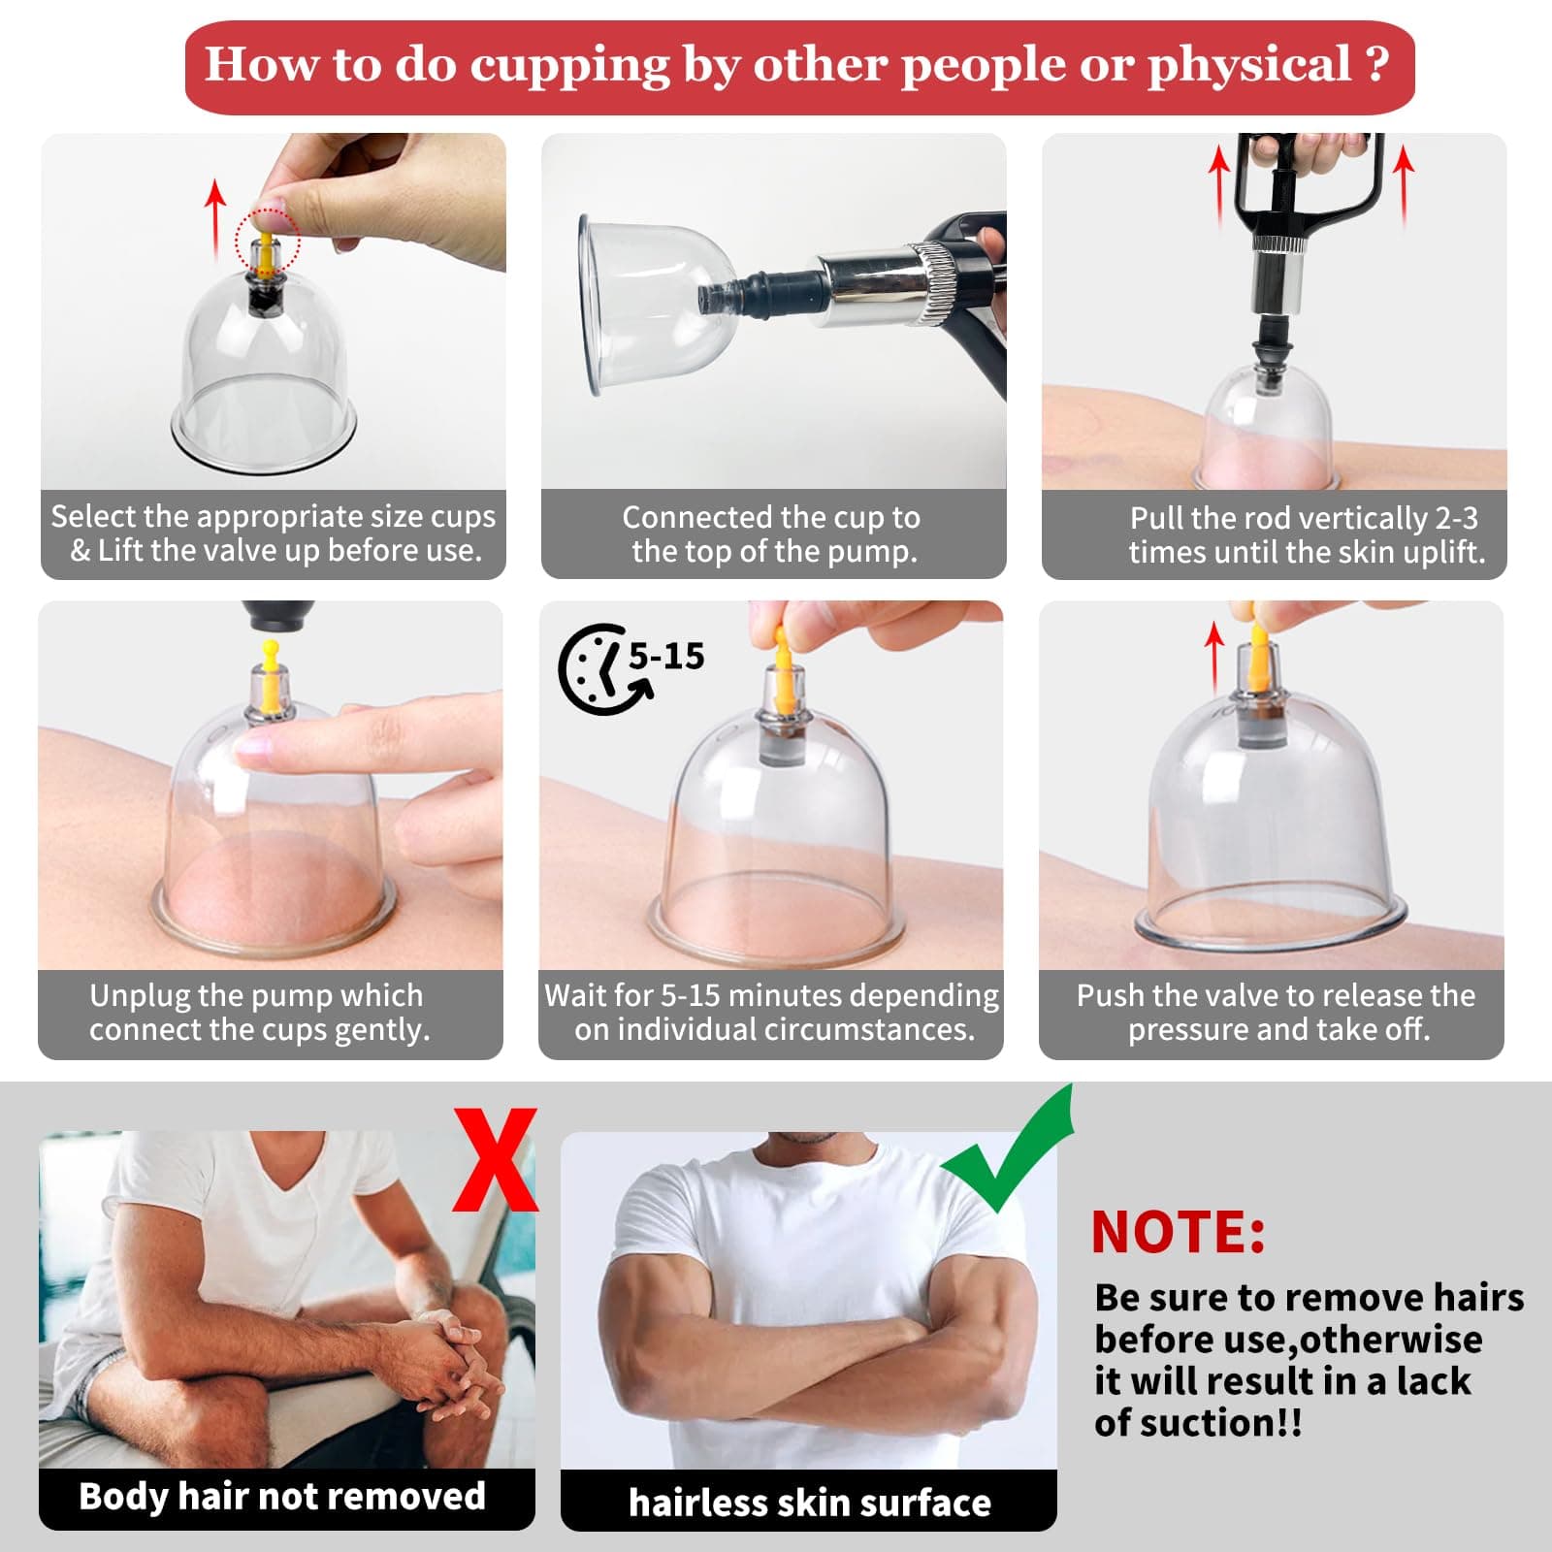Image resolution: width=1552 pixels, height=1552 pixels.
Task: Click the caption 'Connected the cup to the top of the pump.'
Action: pyautogui.click(x=772, y=534)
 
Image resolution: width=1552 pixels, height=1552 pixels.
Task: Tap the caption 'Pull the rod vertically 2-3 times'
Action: pyautogui.click(x=1305, y=534)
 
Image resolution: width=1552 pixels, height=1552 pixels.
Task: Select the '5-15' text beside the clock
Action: pyautogui.click(x=666, y=657)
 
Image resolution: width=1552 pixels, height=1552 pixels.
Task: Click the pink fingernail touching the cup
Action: pyautogui.click(x=255, y=745)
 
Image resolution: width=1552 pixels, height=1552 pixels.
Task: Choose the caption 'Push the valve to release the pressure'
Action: pyautogui.click(x=1276, y=1012)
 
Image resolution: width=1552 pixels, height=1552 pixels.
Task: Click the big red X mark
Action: pyautogui.click(x=496, y=1160)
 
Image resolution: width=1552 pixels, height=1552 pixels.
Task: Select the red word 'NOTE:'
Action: pyautogui.click(x=1178, y=1233)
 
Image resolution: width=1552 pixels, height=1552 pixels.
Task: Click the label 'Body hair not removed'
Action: pyautogui.click(x=282, y=1497)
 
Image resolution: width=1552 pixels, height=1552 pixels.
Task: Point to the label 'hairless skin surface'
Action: pyautogui.click(x=809, y=1503)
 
